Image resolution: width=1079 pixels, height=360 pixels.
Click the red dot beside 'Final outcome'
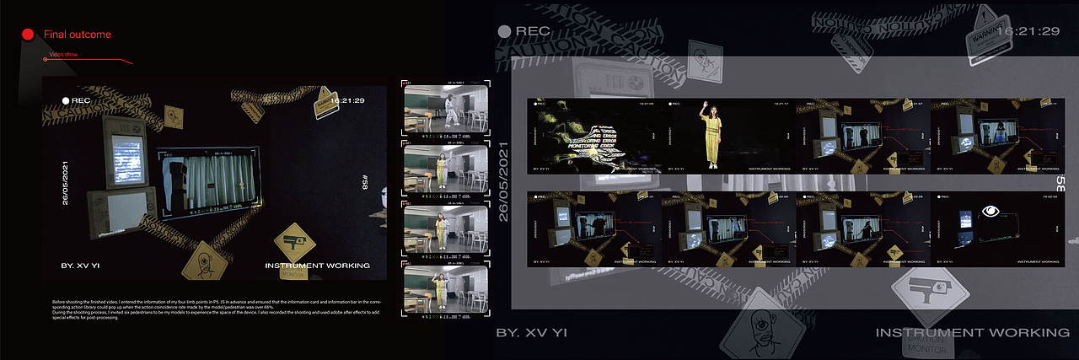(27, 35)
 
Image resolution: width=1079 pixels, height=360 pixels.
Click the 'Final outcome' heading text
(77, 35)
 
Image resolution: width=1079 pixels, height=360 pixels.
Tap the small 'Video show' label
(63, 54)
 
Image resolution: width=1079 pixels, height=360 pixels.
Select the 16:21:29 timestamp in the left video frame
(346, 100)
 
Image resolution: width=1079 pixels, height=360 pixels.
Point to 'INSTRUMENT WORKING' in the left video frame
(317, 266)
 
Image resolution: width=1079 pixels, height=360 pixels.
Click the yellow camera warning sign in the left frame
(294, 242)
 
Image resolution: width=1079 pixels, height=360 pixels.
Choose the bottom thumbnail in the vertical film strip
(446, 290)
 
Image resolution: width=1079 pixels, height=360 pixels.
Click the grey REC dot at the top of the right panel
(504, 31)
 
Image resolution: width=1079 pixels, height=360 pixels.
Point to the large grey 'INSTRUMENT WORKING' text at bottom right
(972, 333)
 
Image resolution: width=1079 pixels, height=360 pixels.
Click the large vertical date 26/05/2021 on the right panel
(504, 182)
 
